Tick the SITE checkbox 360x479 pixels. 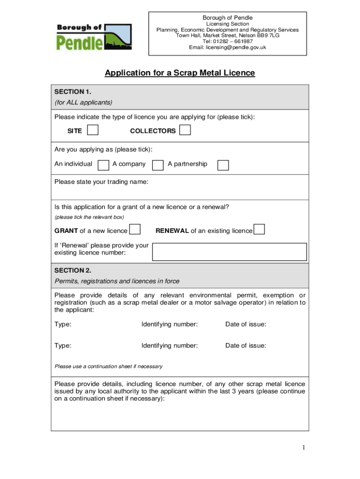pos(93,130)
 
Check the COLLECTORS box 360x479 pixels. pos(185,130)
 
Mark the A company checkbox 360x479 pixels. pos(158,165)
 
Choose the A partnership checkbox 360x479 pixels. pos(223,165)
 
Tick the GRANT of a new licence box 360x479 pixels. pos(135,230)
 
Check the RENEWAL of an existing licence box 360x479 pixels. pos(259,230)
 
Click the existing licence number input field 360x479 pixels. pos(229,252)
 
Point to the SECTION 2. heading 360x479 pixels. pos(73,270)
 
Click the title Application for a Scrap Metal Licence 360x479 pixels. pos(180,73)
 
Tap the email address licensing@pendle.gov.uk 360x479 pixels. pos(227,47)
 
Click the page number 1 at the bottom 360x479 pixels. pos(303,448)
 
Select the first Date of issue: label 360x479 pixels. pos(245,324)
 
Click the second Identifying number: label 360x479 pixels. pos(170,346)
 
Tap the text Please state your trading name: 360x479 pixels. pos(101,181)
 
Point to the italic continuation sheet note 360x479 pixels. pos(108,366)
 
